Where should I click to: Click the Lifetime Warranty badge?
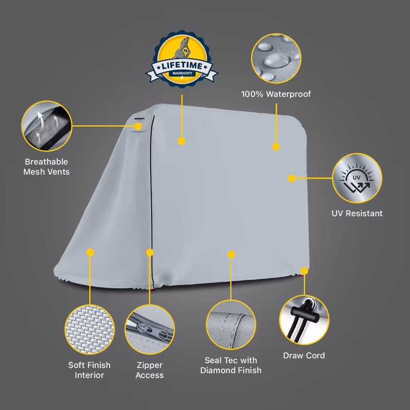[x=182, y=59]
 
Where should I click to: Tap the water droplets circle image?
[x=276, y=58]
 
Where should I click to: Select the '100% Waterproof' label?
[x=276, y=94]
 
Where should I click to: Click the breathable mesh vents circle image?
[x=47, y=126]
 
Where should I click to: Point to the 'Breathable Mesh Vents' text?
[x=47, y=167]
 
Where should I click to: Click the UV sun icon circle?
[x=357, y=178]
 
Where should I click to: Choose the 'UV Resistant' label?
[x=357, y=213]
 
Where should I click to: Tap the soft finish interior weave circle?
[x=90, y=330]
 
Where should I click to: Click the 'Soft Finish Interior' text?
[x=89, y=370]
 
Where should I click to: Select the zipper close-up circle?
[x=150, y=330]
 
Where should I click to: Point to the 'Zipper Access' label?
[x=150, y=370]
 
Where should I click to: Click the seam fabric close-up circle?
[x=231, y=324]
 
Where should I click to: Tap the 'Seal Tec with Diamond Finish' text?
[x=231, y=365]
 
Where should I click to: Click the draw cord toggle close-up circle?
[x=304, y=320]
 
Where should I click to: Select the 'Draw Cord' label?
[x=304, y=356]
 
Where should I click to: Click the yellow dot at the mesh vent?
[x=138, y=126]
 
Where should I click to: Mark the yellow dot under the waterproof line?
[x=276, y=147]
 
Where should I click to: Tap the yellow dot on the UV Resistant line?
[x=292, y=178]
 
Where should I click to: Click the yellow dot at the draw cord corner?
[x=304, y=271]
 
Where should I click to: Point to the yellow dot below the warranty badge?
[x=182, y=141]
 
